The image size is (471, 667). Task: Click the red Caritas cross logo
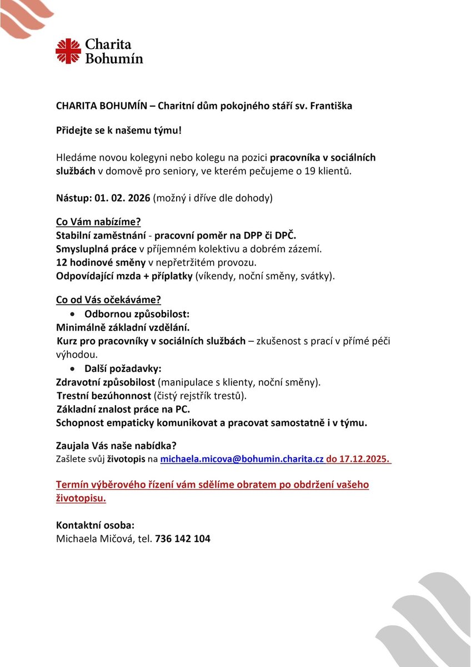point(68,51)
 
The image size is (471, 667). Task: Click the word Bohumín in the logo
point(113,58)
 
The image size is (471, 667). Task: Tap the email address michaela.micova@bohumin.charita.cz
point(242,460)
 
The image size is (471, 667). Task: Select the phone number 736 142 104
point(183,539)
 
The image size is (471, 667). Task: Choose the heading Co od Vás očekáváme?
point(108,300)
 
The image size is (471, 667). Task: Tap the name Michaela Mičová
point(95,539)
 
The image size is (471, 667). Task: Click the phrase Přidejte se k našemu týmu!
point(118,131)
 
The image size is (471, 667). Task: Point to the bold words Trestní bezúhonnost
point(104,396)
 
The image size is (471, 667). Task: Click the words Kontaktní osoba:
point(95,525)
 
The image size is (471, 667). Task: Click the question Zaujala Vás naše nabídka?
point(117,446)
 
